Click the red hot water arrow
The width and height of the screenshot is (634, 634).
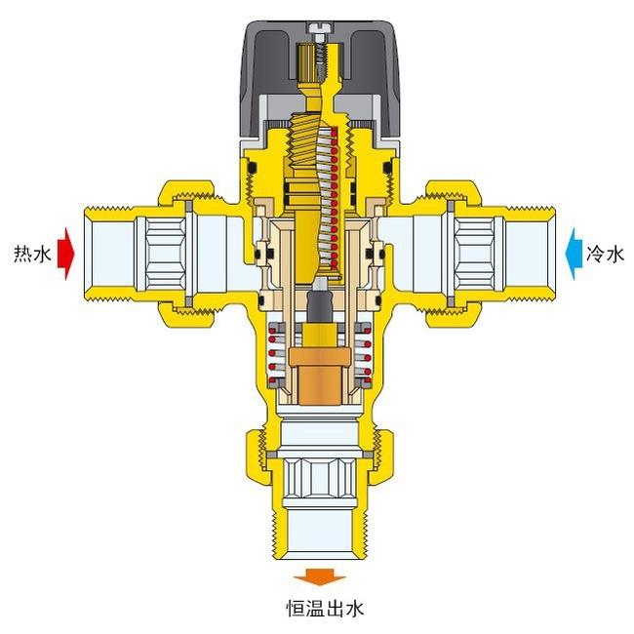[x=66, y=254]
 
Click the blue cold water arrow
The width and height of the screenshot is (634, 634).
[x=574, y=254]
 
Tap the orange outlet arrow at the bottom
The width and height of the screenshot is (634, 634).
[x=319, y=577]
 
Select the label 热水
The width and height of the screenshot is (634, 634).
[x=33, y=255]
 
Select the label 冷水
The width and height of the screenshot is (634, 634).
[x=605, y=255]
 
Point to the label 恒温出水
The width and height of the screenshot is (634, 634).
[x=325, y=609]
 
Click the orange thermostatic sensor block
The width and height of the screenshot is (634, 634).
[x=319, y=376]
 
